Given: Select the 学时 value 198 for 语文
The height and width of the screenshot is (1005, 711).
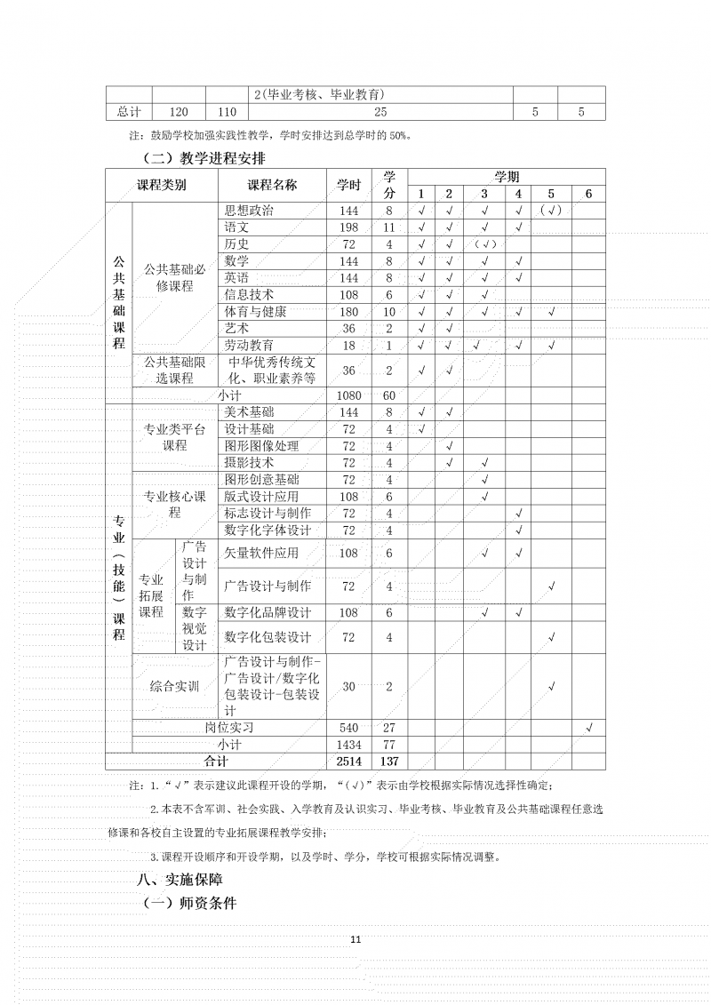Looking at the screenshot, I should (x=348, y=227).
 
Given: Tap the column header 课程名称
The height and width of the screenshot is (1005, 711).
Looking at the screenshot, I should (x=272, y=185).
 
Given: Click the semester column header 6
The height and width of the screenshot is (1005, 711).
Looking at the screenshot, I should (x=587, y=194).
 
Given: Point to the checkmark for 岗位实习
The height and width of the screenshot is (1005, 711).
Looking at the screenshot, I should (x=589, y=728).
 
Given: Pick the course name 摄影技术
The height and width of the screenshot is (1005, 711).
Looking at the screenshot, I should (x=249, y=463).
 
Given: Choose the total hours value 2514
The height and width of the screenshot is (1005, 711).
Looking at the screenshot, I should (x=348, y=762).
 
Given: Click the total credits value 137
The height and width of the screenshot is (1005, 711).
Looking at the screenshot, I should (x=389, y=762).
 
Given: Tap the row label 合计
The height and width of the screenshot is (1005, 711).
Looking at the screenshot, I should (x=216, y=762).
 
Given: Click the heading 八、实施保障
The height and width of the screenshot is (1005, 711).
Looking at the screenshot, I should (x=179, y=880).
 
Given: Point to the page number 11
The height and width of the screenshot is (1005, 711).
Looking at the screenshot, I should (x=355, y=939).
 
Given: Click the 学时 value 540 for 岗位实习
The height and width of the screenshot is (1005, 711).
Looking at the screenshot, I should (x=348, y=728).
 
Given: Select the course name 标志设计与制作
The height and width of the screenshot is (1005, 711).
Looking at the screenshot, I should (x=268, y=514).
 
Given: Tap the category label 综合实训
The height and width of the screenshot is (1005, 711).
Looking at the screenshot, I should (x=174, y=686).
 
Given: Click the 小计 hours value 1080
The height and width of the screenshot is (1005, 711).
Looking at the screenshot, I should (x=348, y=395).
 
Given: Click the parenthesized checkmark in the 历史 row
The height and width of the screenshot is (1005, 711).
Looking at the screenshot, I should (x=484, y=244).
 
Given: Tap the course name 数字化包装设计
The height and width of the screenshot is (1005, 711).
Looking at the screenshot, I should (x=268, y=637).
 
